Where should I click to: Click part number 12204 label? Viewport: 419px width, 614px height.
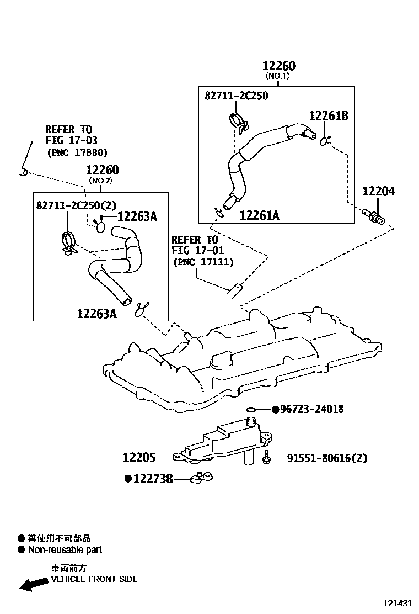coord(378,192)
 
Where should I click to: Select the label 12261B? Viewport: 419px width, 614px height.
coord(328,115)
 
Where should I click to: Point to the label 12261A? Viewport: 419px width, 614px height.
coord(259,215)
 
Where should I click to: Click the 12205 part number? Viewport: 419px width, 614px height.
coord(139,458)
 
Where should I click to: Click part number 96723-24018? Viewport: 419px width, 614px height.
coord(311,409)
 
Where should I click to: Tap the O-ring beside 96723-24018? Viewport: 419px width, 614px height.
coord(251,410)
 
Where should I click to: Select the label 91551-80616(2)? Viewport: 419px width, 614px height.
coord(326,458)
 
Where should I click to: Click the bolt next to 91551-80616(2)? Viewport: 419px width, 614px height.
coord(267,457)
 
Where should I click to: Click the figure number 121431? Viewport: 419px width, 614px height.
coord(397,604)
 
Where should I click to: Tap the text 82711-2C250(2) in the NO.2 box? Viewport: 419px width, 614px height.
coord(77,205)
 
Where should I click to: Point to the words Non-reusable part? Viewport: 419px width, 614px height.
coord(65,550)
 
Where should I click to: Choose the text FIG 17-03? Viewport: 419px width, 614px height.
coord(71,140)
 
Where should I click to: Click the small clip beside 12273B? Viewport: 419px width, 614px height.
coord(202,478)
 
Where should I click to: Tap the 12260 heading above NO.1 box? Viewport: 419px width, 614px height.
coord(278,66)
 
